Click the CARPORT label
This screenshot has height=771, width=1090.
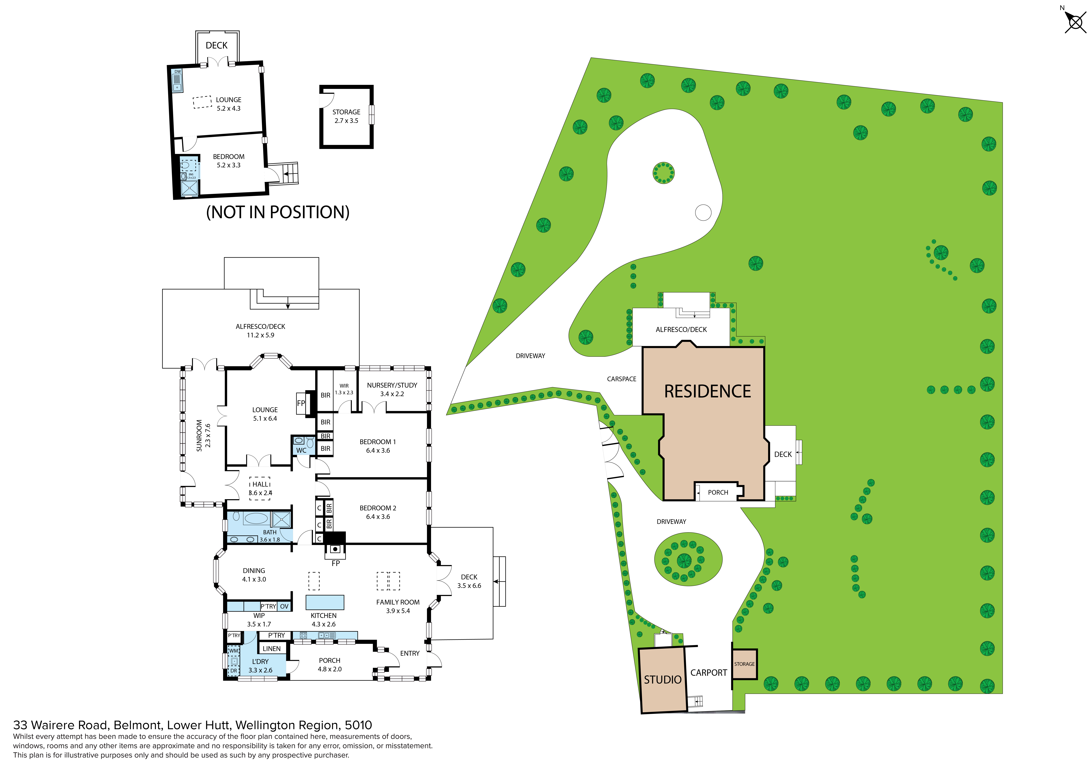tap(708, 673)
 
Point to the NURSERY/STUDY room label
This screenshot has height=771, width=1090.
tap(392, 385)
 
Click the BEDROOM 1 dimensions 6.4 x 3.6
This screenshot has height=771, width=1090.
tap(378, 450)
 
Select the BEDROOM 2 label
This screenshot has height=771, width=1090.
tap(378, 508)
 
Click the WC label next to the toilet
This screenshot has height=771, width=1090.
tap(301, 450)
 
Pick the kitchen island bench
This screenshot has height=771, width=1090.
tap(325, 602)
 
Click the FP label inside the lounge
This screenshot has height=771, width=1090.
tap(301, 403)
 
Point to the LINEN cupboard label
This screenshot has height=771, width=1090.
tap(272, 648)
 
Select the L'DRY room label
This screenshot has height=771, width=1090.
tap(260, 661)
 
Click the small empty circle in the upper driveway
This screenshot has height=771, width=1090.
tap(703, 212)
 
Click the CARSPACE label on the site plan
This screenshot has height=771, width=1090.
tap(621, 379)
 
